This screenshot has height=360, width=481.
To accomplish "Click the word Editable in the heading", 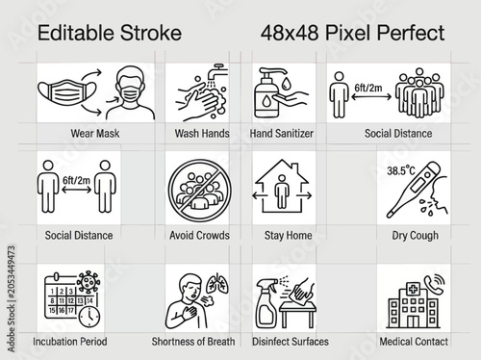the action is [x=76, y=33].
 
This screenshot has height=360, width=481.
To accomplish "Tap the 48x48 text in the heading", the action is [x=290, y=33].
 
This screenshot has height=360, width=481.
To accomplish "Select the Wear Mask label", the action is [x=95, y=133].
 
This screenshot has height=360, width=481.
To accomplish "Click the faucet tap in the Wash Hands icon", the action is [x=215, y=72].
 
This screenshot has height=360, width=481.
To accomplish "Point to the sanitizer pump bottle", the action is [x=266, y=93].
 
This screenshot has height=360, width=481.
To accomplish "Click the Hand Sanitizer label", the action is [x=282, y=133].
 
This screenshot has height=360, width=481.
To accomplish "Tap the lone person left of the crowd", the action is [x=339, y=95].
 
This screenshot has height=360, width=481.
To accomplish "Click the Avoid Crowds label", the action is [x=199, y=235].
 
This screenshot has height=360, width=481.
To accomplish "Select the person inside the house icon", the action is [x=282, y=192].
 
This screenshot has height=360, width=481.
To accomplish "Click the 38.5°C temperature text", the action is [x=401, y=170].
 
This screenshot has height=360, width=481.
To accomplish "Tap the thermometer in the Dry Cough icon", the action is [x=414, y=190].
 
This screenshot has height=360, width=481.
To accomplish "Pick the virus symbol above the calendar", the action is [x=89, y=282].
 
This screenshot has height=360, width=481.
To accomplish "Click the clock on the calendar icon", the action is [x=89, y=317].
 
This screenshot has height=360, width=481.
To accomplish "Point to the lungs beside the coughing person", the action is [x=217, y=283].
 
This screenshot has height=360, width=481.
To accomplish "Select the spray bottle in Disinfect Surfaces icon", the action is [x=266, y=303].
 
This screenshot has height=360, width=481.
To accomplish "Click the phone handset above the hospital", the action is [x=434, y=284].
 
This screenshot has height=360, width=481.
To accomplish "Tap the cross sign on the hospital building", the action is [x=414, y=289].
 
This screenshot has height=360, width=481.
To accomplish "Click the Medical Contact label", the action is [x=414, y=342].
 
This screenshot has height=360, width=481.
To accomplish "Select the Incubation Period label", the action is [x=70, y=342].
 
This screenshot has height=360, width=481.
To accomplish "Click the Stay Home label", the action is [x=288, y=235].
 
